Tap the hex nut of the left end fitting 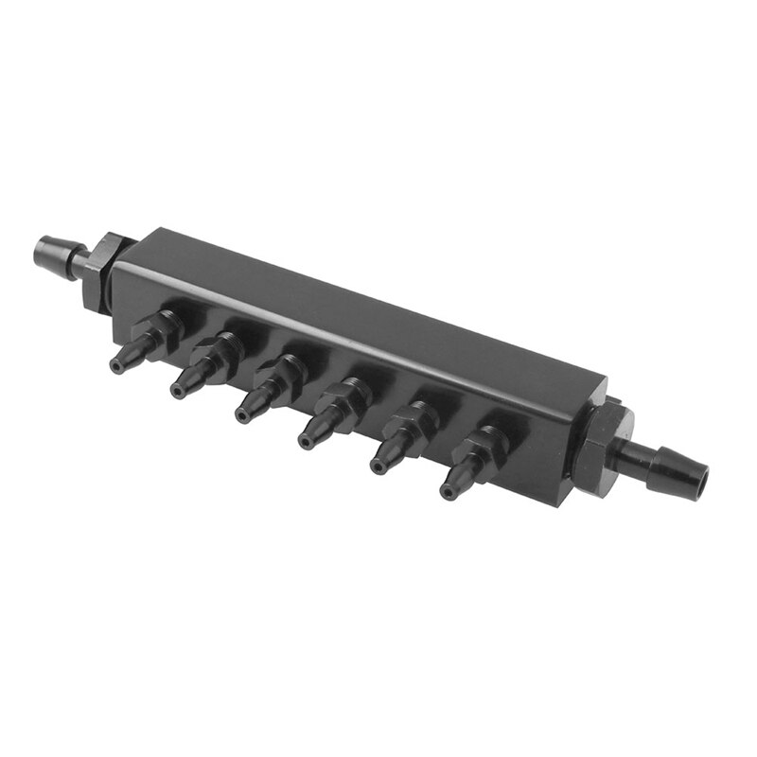(x=97, y=268)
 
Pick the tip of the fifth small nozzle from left (x=377, y=467)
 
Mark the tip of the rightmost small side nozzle (x=447, y=491)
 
